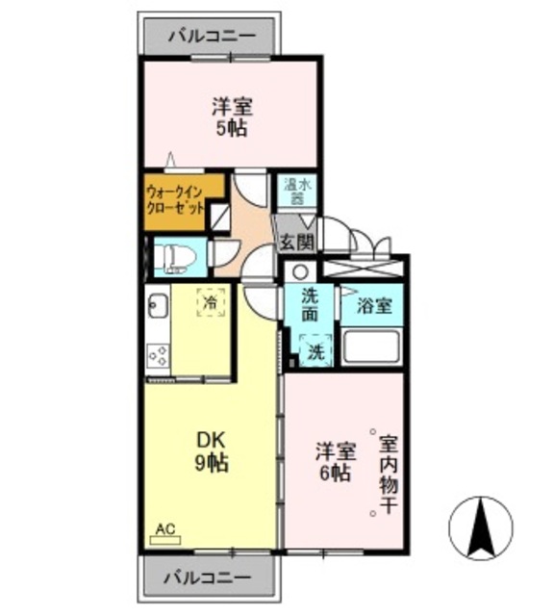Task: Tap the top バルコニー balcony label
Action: pos(212,37)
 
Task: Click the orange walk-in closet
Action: pos(183,199)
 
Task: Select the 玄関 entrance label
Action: pos(296,243)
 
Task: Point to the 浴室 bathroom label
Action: pos(374,307)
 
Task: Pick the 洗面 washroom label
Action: pos(309,305)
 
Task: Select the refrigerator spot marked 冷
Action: pos(212,303)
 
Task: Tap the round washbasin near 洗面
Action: pos(300,271)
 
